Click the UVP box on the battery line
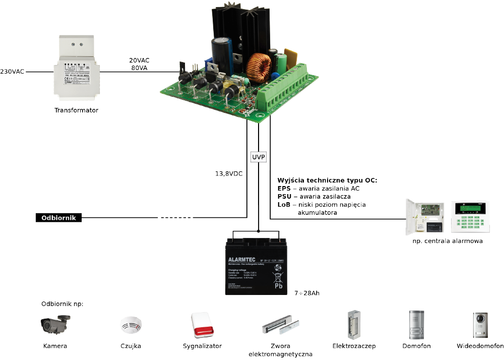click(x=258, y=157)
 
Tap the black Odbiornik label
click(x=58, y=218)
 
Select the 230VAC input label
click(x=12, y=72)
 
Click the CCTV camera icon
click(x=55, y=324)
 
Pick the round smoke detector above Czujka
click(x=131, y=325)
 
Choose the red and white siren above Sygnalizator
click(x=202, y=325)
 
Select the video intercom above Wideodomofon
click(x=480, y=325)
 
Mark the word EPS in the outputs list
click(x=284, y=189)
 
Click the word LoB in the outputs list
click(x=284, y=205)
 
